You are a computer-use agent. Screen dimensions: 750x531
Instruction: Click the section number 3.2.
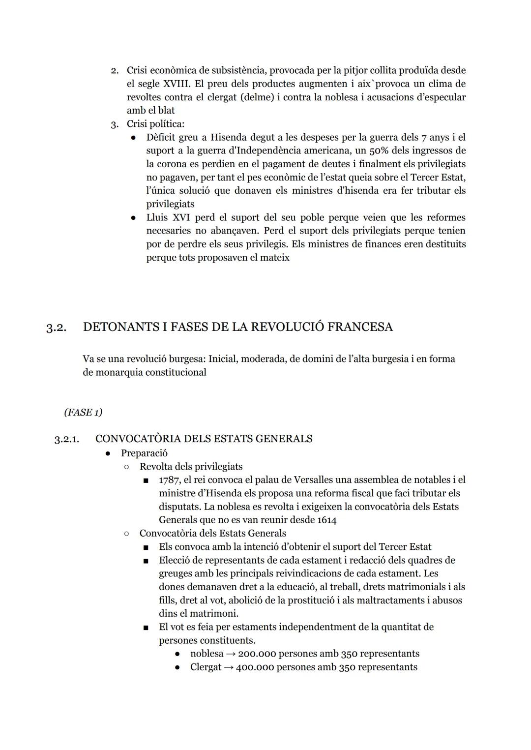pos(56,328)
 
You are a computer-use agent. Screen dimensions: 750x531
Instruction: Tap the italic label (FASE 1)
pos(83,412)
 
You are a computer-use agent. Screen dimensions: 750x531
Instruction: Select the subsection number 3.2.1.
pos(66,439)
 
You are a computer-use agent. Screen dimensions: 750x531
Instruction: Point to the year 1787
pos(169,480)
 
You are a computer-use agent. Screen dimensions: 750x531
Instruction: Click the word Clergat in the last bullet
pos(206,667)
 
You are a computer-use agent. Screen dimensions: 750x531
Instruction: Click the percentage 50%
pos(379,150)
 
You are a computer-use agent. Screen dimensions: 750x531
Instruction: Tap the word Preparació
pos(144,453)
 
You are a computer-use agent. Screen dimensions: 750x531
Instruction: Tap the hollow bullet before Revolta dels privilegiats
pos(126,467)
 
